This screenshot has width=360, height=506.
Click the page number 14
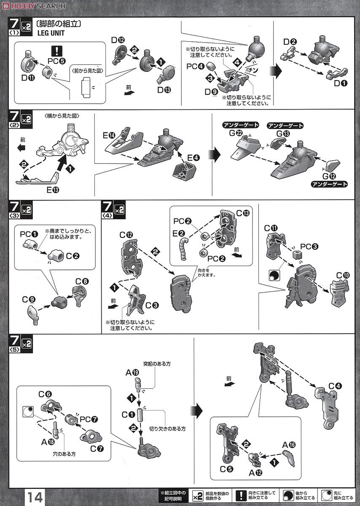click(x=35, y=497)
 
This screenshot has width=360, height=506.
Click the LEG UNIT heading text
click(x=51, y=33)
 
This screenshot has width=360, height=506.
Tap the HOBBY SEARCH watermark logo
click(x=34, y=5)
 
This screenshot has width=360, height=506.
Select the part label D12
click(x=118, y=40)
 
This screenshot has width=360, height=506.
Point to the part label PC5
click(x=56, y=61)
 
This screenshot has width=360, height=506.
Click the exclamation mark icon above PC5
click(x=56, y=51)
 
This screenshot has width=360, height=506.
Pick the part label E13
click(x=53, y=190)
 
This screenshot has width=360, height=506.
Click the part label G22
click(x=236, y=133)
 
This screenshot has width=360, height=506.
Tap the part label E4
click(x=193, y=158)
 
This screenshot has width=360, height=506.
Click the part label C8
click(x=82, y=282)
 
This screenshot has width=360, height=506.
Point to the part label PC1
click(x=29, y=234)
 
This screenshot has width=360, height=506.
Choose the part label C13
click(x=243, y=213)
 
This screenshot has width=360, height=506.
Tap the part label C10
click(x=343, y=275)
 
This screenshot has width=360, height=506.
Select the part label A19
click(x=132, y=372)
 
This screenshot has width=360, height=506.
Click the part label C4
click(x=335, y=386)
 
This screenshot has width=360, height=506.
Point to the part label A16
click(x=289, y=445)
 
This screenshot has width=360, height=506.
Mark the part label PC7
click(x=89, y=419)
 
